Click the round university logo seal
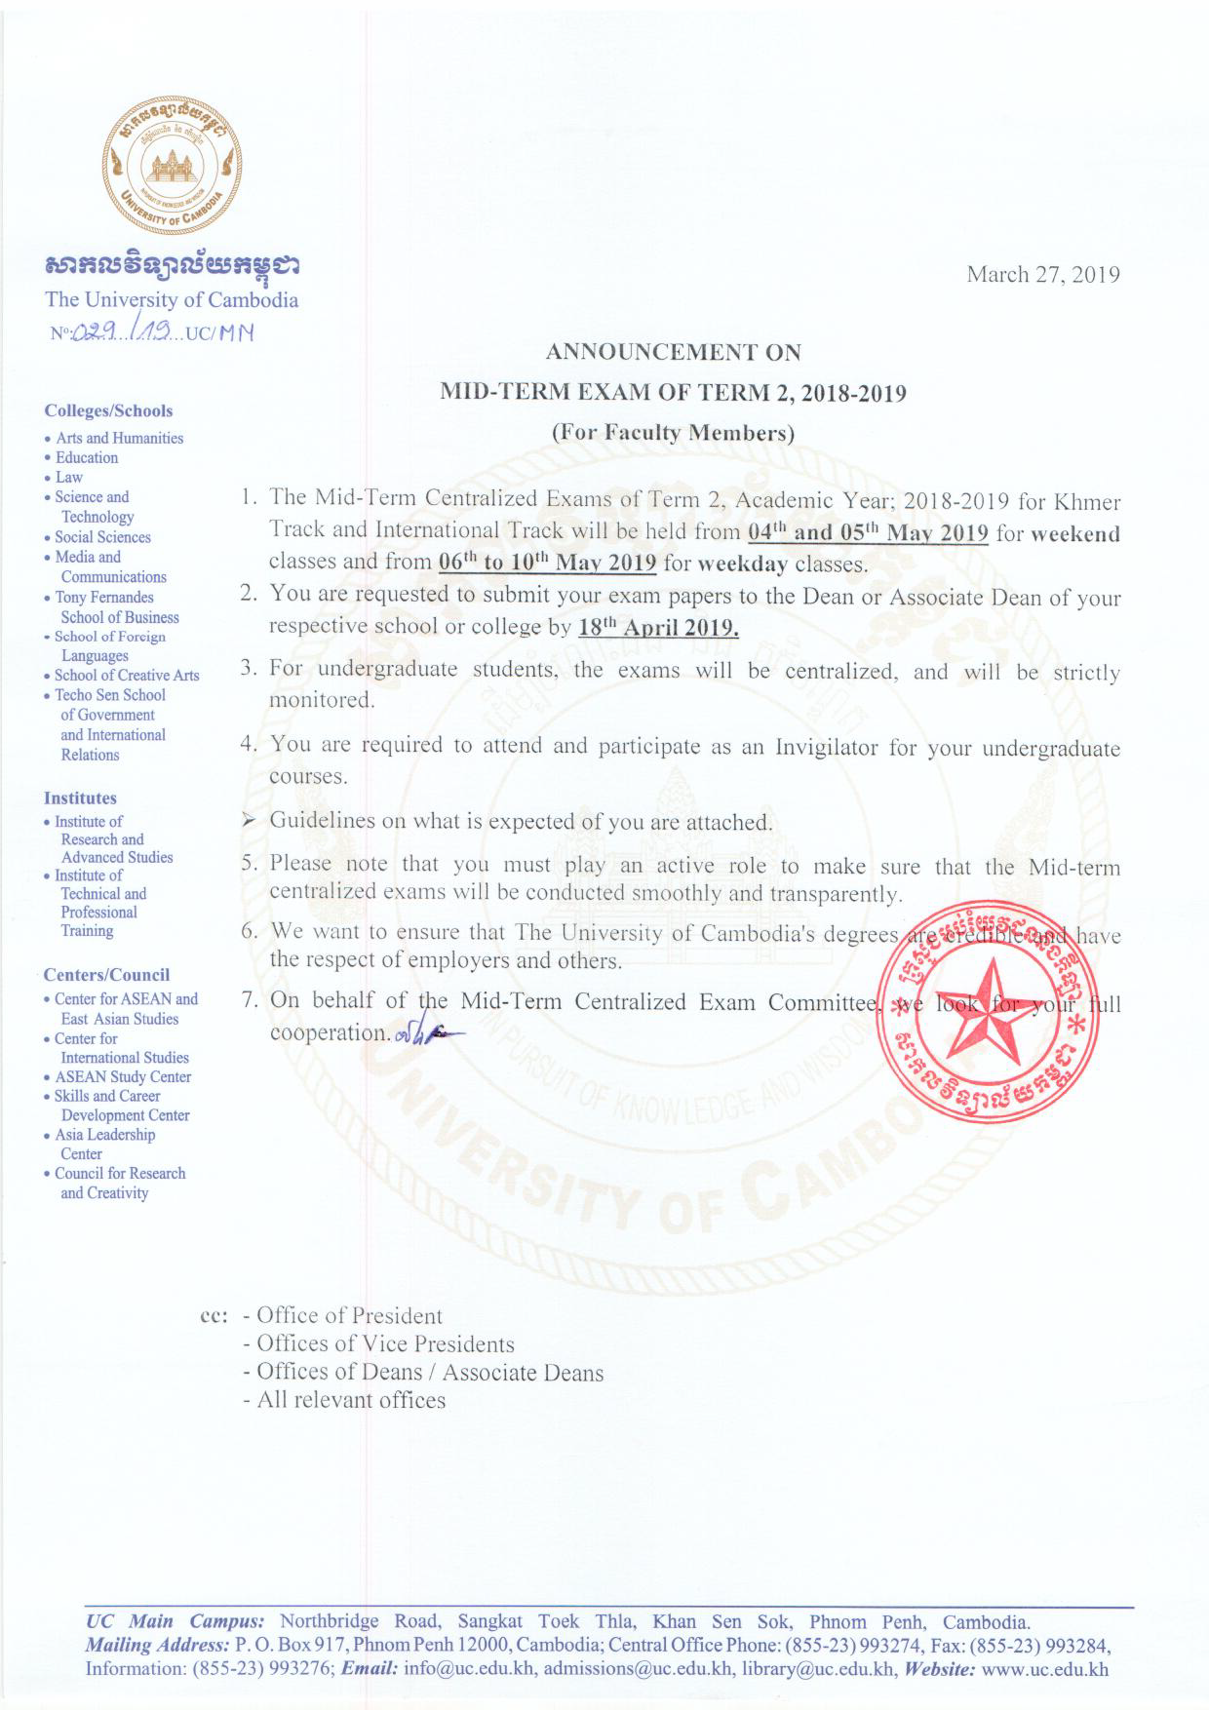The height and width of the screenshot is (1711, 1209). pyautogui.click(x=172, y=166)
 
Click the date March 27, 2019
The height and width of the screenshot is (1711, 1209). pyautogui.click(x=1042, y=275)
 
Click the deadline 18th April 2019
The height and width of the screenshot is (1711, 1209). pyautogui.click(x=658, y=627)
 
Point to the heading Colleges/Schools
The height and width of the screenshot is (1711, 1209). pyautogui.click(x=108, y=411)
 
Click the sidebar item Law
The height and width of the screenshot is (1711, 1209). pyautogui.click(x=68, y=478)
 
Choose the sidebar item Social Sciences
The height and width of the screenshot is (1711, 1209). pyautogui.click(x=102, y=537)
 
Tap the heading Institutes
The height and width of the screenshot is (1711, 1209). pyautogui.click(x=80, y=798)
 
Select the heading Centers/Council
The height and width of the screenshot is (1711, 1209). pyautogui.click(x=106, y=975)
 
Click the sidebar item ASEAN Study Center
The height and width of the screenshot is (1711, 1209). pyautogui.click(x=123, y=1077)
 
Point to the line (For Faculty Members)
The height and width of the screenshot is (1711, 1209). pyautogui.click(x=673, y=433)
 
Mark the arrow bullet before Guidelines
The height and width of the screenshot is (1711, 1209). pyautogui.click(x=250, y=821)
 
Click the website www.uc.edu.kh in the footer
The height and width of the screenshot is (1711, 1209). pyautogui.click(x=1044, y=1669)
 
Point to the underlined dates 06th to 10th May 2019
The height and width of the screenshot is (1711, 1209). pyautogui.click(x=547, y=564)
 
